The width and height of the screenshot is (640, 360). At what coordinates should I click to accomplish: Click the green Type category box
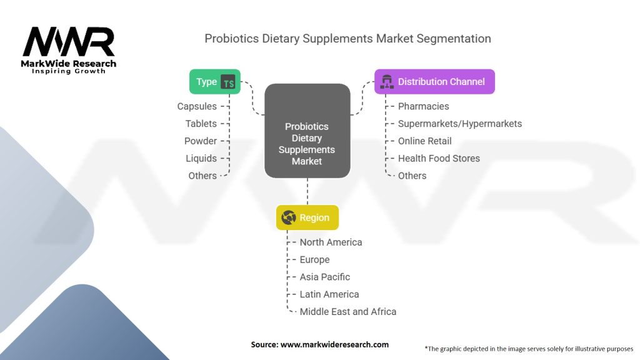215,82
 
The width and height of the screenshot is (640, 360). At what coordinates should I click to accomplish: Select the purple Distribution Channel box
434,82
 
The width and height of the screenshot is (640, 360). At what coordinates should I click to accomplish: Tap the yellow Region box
307,217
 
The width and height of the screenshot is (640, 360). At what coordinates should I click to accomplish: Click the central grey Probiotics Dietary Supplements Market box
307,131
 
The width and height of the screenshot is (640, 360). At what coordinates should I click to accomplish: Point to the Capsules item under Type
197,106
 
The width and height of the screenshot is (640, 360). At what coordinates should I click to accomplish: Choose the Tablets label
201,124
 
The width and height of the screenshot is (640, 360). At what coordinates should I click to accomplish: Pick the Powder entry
201,141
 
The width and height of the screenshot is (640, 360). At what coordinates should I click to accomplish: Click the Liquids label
201,158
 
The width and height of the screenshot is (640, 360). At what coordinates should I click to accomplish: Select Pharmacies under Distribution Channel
423,106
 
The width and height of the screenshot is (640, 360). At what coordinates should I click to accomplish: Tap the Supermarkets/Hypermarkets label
460,124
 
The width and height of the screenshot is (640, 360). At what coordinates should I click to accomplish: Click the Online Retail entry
425,141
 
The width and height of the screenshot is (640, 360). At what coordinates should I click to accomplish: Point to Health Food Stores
439,158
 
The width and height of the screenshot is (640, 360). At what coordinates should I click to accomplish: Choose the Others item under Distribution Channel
412,176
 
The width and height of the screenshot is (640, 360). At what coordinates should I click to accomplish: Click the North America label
331,242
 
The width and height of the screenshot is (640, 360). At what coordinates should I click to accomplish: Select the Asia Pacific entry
325,277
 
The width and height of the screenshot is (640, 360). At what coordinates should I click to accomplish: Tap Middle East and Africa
348,311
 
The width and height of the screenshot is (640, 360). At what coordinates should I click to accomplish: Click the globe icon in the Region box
289,217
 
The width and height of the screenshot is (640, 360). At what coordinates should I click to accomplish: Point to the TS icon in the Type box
228,82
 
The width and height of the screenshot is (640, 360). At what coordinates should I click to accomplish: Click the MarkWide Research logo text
69,64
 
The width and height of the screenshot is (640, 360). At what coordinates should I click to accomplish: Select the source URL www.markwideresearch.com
335,344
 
